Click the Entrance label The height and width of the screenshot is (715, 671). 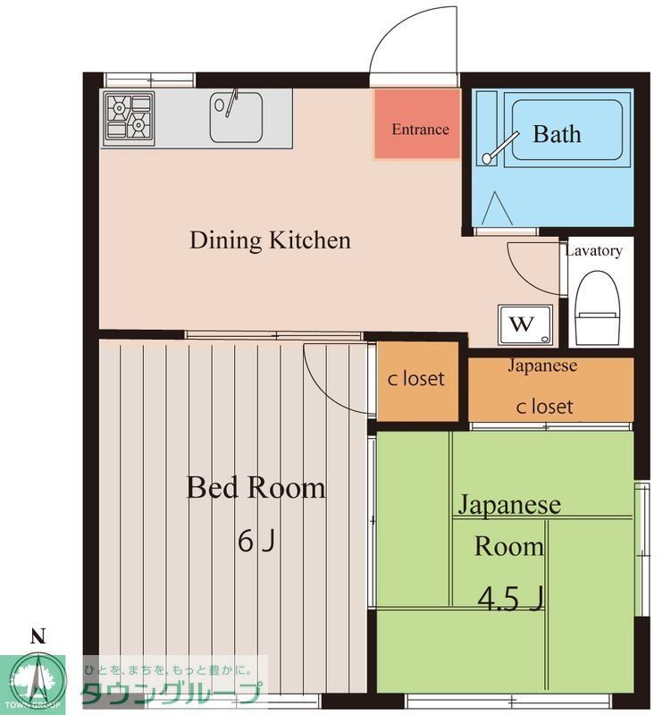pyautogui.click(x=420, y=130)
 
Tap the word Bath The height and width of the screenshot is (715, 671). pyautogui.click(x=557, y=134)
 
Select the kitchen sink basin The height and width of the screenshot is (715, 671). pyautogui.click(x=236, y=117)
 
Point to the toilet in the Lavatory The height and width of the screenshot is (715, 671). pyautogui.click(x=598, y=308)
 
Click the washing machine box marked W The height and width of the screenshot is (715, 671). pyautogui.click(x=525, y=324)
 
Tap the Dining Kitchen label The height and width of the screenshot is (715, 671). pyautogui.click(x=271, y=240)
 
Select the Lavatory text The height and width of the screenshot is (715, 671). pyautogui.click(x=593, y=251)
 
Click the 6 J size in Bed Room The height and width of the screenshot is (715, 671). pyautogui.click(x=256, y=542)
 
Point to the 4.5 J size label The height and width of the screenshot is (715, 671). pyautogui.click(x=510, y=598)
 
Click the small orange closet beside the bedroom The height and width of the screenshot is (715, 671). pyautogui.click(x=417, y=381)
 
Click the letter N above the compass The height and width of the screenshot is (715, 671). pyautogui.click(x=38, y=636)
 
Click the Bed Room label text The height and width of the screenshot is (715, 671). pyautogui.click(x=256, y=487)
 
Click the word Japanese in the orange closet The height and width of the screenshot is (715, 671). pyautogui.click(x=542, y=366)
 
